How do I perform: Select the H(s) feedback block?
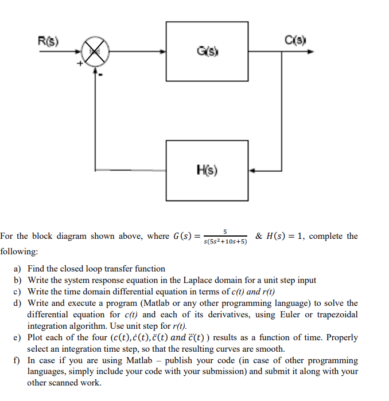207,170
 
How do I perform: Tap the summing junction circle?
95,53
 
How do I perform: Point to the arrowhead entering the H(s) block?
252,170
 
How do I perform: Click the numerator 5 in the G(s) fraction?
225,231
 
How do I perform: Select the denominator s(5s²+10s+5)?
225,242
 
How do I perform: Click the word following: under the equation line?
19,251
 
